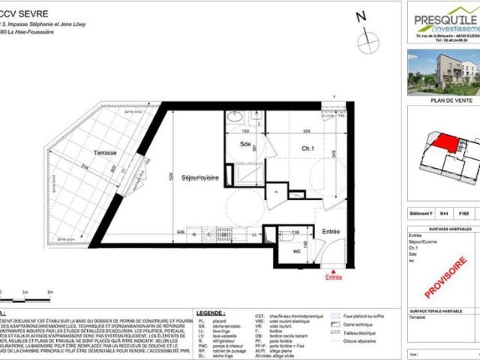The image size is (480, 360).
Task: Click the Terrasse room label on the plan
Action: click(105, 152)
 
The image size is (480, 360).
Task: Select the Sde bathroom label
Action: click(245, 144)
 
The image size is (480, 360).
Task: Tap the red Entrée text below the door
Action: click(334, 277)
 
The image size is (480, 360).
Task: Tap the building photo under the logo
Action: click(443, 72)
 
